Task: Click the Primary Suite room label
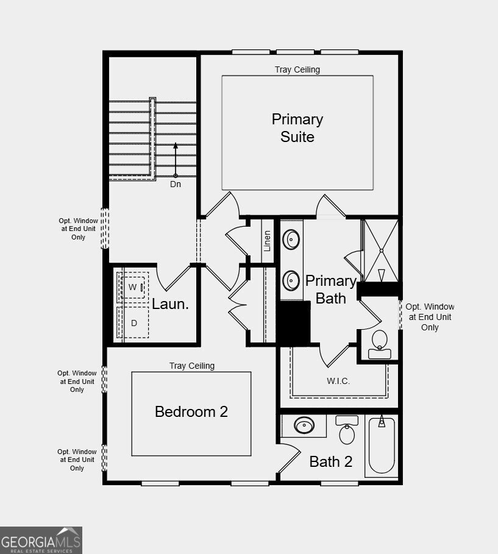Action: point(297,128)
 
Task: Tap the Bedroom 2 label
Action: point(191,411)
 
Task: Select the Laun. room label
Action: point(170,304)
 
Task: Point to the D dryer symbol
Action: point(133,323)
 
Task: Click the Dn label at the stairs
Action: point(176,184)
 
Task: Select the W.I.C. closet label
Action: point(338,381)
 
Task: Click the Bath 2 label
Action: point(330,461)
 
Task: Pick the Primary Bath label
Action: point(330,289)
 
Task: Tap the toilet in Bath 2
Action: point(347,431)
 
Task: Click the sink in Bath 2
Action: point(304,425)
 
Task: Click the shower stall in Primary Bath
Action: point(381,249)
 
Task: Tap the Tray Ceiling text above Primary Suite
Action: point(297,69)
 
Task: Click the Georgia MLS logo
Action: point(41,540)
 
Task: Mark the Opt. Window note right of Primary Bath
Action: point(430,317)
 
